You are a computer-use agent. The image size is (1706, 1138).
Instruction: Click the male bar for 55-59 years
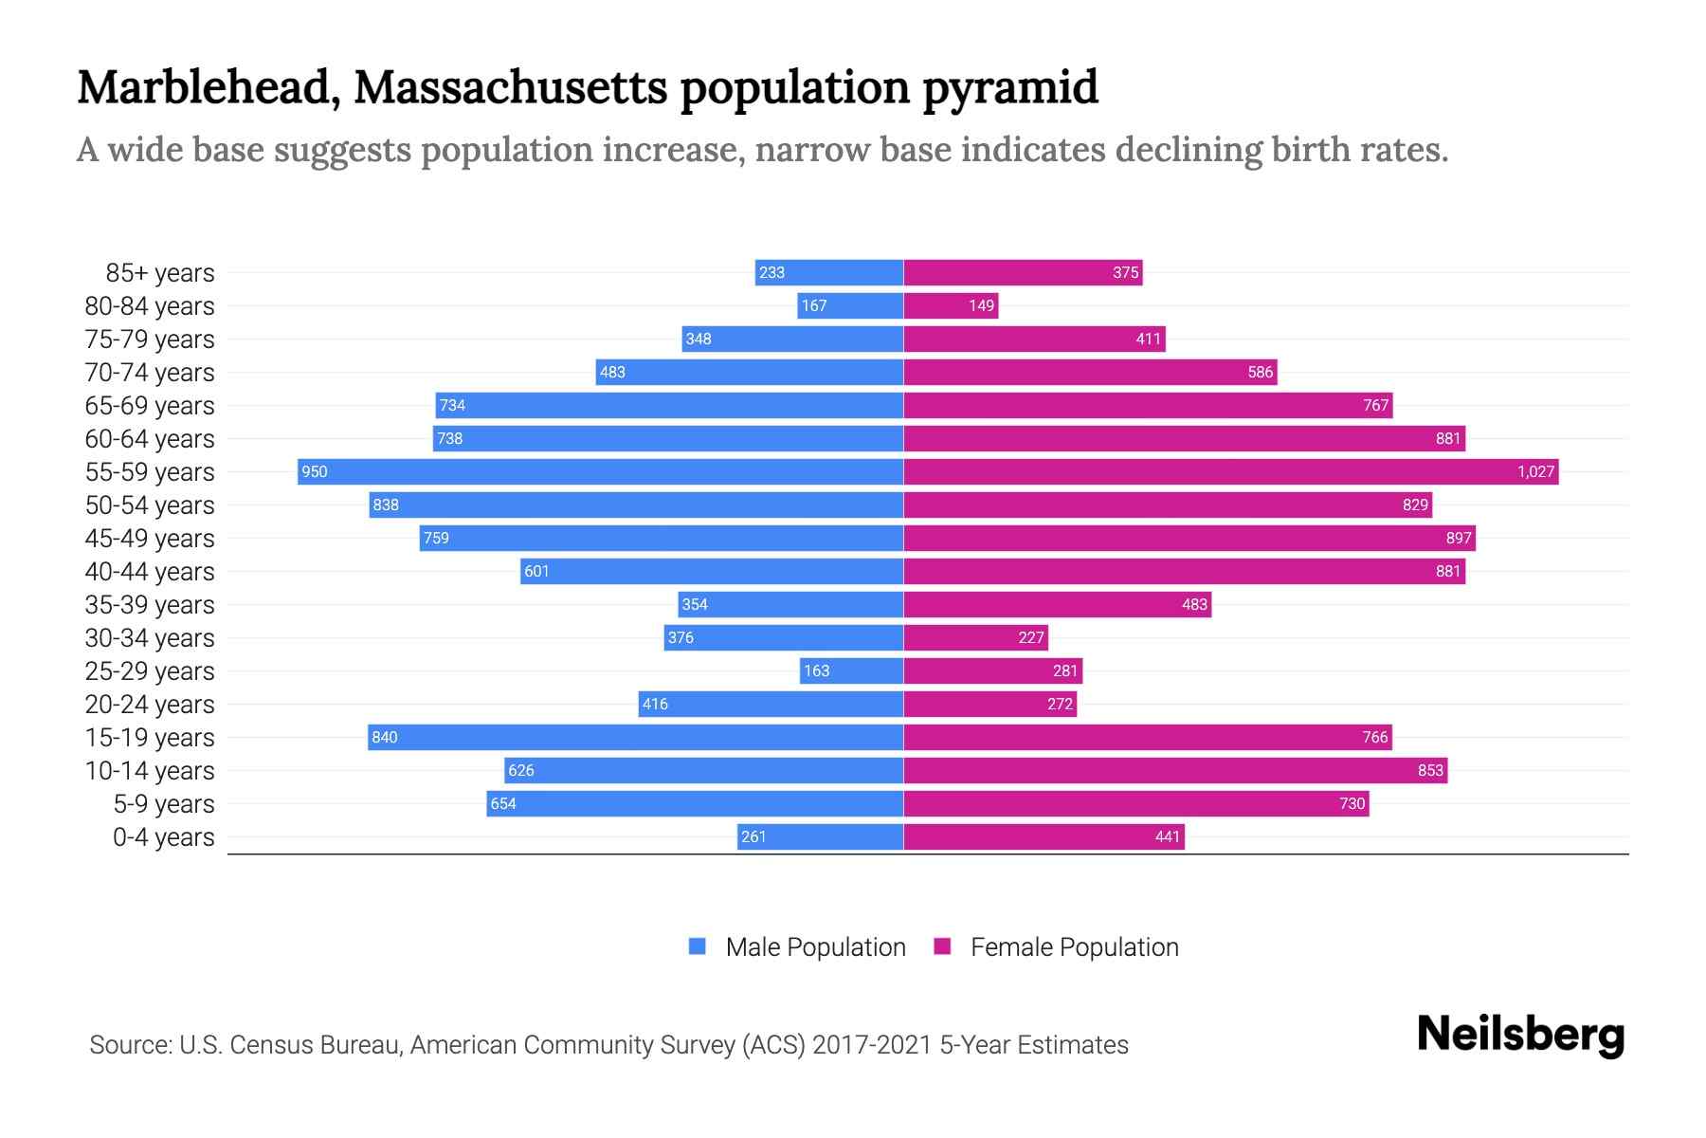coord(600,471)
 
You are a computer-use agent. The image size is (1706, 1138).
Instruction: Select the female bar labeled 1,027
coord(1230,471)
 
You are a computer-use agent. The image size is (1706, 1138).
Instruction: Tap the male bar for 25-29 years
coord(851,670)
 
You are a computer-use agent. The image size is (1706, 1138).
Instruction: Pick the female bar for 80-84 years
coord(951,305)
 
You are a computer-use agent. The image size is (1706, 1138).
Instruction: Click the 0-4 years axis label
coord(163,837)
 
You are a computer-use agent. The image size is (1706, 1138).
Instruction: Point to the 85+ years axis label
coord(159,273)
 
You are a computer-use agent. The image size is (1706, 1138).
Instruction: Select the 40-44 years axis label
coord(150,572)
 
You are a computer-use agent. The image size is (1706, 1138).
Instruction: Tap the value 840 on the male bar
coord(385,737)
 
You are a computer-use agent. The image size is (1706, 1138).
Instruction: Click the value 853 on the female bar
coord(1430,770)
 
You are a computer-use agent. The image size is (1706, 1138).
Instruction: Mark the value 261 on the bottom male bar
coord(753,836)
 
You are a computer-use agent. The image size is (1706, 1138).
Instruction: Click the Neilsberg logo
coord(1520,1035)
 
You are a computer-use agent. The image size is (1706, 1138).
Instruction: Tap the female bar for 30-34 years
coord(975,637)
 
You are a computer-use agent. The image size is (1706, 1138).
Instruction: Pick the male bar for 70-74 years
coord(749,372)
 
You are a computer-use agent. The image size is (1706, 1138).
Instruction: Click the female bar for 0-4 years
coord(1044,836)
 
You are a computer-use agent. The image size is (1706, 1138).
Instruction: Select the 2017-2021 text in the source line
coord(872,1045)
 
